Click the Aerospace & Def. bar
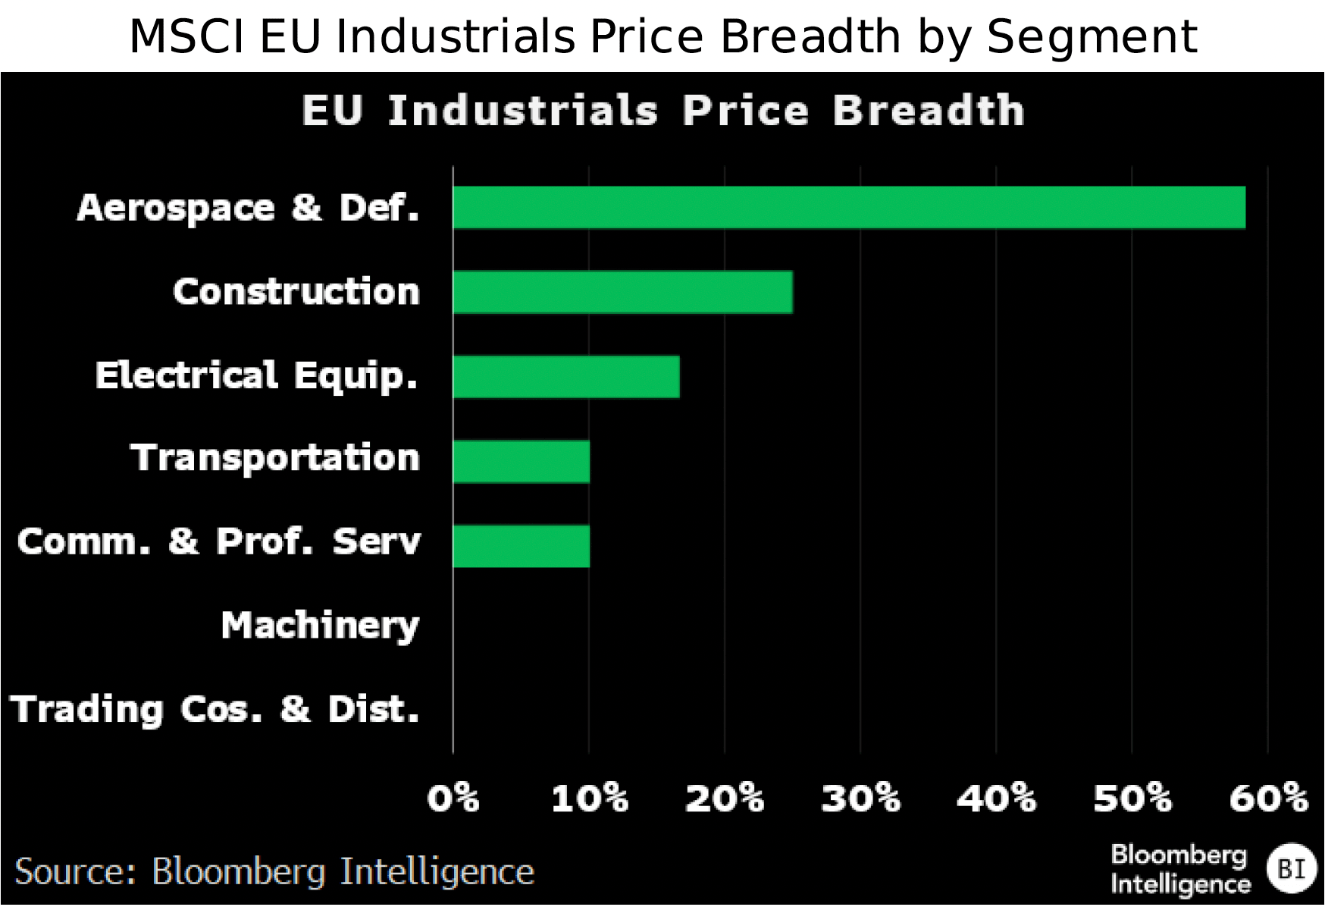pyautogui.click(x=849, y=207)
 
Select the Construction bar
pyautogui.click(x=622, y=292)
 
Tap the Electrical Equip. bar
pyautogui.click(x=565, y=377)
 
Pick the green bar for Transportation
pyautogui.click(x=521, y=461)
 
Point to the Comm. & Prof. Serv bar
pyautogui.click(x=521, y=546)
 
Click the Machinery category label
pyautogui.click(x=320, y=626)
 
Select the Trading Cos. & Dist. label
pyautogui.click(x=215, y=711)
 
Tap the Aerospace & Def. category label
pyautogui.click(x=248, y=208)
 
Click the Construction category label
pyautogui.click(x=296, y=292)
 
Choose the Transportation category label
pyautogui.click(x=275, y=458)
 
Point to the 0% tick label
pyautogui.click(x=453, y=799)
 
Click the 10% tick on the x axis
pyautogui.click(x=589, y=799)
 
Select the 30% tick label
pyautogui.click(x=860, y=799)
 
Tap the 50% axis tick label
pyautogui.click(x=1132, y=799)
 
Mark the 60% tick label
pyautogui.click(x=1268, y=799)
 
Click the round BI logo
pyautogui.click(x=1291, y=868)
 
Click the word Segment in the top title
pyautogui.click(x=1092, y=36)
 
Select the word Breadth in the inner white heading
pyautogui.click(x=929, y=111)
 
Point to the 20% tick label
pyautogui.click(x=725, y=799)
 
